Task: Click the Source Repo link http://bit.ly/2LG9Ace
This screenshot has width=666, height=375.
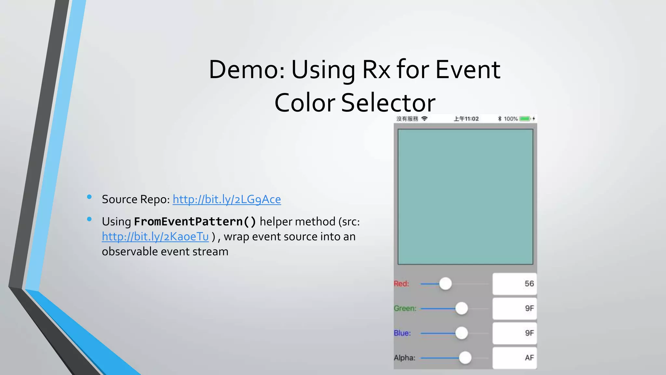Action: (x=227, y=199)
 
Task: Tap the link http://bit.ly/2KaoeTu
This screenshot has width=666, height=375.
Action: (x=155, y=237)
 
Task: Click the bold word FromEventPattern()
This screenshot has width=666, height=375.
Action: (x=195, y=222)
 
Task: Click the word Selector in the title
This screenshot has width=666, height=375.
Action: (x=388, y=103)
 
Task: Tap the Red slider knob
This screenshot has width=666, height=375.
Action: (x=446, y=284)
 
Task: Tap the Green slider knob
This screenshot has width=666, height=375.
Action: (x=461, y=308)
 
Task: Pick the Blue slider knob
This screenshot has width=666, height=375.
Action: (x=461, y=333)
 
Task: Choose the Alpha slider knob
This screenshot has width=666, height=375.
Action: (x=465, y=358)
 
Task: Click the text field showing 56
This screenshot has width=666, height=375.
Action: (x=514, y=284)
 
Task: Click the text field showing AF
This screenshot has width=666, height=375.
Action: (x=514, y=358)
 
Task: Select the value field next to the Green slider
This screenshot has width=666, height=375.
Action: (x=514, y=308)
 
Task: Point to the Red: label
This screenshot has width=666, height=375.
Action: (x=401, y=284)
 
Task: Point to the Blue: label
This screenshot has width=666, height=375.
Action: (x=402, y=333)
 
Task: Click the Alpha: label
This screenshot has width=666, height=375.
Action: (x=405, y=358)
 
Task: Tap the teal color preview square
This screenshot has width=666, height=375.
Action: (x=465, y=197)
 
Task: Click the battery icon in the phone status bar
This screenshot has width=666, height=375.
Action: (x=525, y=119)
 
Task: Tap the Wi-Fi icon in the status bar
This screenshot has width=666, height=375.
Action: (x=424, y=118)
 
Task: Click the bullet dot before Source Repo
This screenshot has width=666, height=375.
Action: (x=89, y=197)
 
